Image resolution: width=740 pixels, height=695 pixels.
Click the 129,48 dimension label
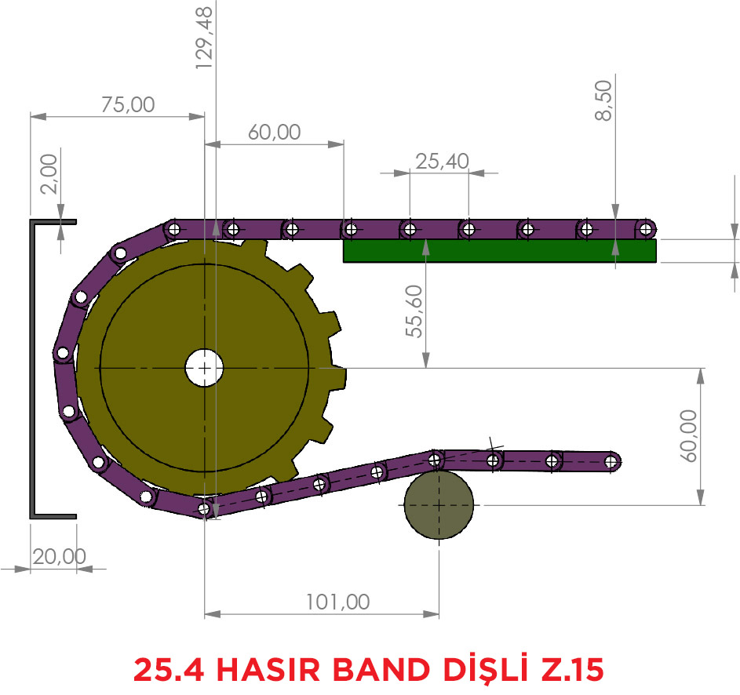(204, 38)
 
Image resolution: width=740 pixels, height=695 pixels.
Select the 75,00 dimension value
(128, 105)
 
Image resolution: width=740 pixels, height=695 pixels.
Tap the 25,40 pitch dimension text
(443, 162)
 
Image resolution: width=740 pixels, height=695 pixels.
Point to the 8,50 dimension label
(603, 100)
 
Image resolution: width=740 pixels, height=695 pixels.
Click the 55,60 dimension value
(414, 311)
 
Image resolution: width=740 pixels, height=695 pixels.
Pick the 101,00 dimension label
(338, 602)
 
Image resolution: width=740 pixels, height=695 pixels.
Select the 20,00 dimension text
(60, 557)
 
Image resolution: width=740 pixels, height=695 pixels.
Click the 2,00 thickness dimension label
(49, 174)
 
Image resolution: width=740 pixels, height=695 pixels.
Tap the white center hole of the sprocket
(204, 368)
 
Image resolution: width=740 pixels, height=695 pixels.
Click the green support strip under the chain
(499, 250)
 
